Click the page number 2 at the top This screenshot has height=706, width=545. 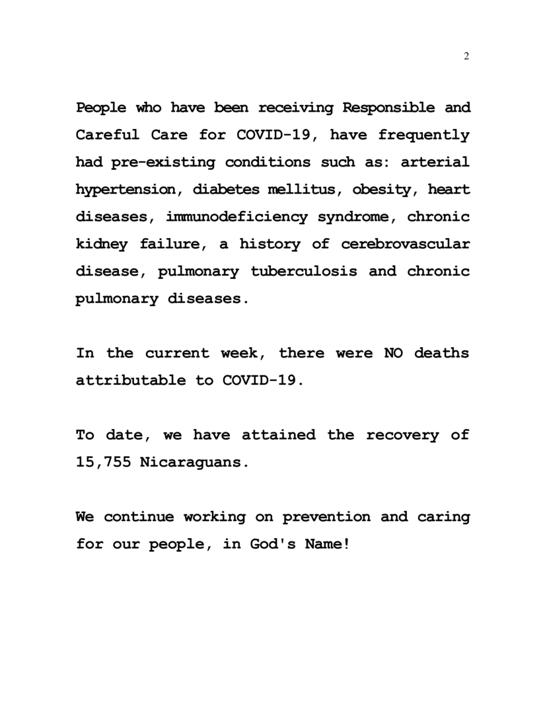[x=466, y=56]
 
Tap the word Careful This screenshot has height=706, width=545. [x=108, y=136]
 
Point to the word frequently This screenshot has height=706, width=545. [x=423, y=136]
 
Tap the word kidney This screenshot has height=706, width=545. [x=102, y=245]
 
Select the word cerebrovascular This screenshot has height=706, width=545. [x=406, y=245]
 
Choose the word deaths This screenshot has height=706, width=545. [x=442, y=354]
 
